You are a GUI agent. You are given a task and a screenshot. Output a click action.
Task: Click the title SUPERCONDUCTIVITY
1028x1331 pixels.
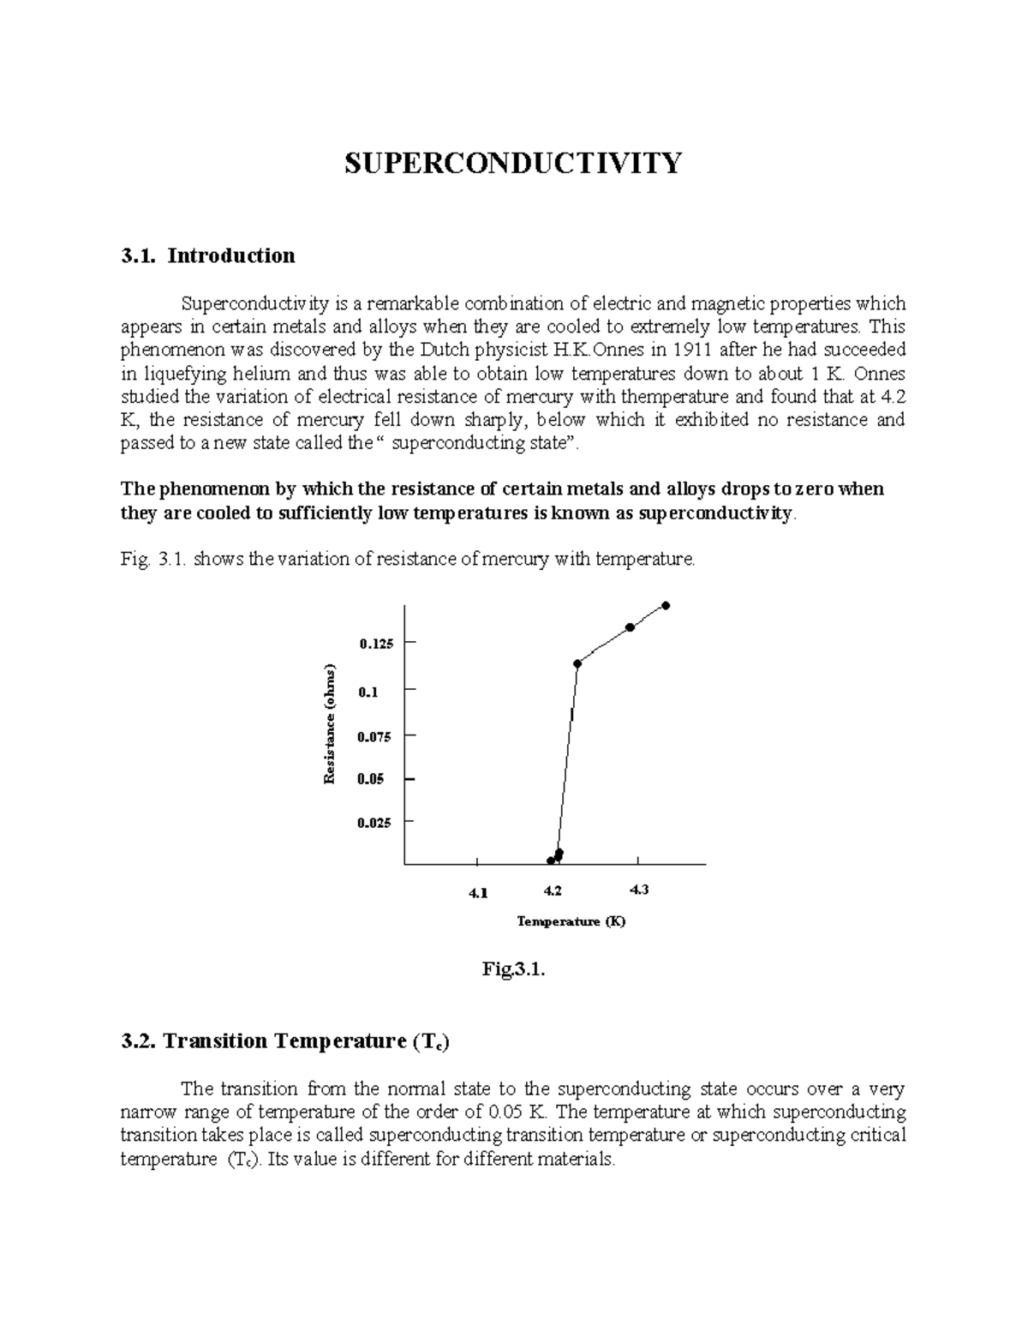point(513,163)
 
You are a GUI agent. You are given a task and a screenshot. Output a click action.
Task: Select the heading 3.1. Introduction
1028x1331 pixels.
point(208,255)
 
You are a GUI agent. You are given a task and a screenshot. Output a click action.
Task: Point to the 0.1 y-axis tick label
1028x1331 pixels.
point(368,692)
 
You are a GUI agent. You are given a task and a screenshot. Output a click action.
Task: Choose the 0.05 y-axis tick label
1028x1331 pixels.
point(372,779)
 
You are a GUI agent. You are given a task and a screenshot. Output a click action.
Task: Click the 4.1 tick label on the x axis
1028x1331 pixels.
point(477,893)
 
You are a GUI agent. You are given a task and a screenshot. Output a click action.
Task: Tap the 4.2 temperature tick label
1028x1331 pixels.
point(553,890)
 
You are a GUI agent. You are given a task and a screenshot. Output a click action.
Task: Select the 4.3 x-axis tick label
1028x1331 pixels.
point(638,890)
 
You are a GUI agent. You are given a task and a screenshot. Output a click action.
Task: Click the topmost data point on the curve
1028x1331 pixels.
point(666,606)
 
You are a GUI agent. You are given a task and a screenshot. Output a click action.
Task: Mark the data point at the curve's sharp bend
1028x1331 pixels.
point(577,663)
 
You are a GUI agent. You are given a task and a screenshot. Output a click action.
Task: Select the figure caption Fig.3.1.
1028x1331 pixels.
point(513,970)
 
